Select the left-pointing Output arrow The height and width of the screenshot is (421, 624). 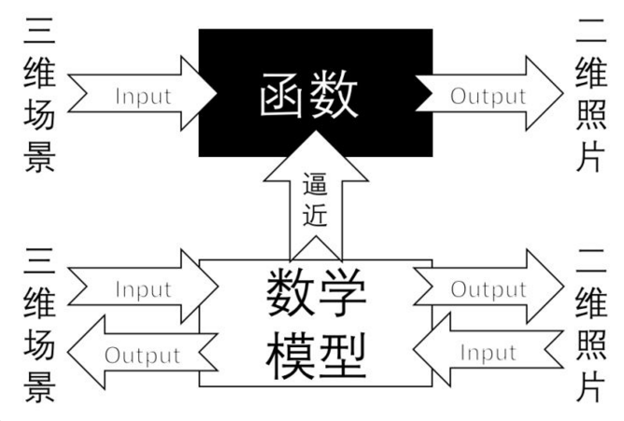point(140,355)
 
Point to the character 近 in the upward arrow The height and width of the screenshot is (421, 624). point(316,218)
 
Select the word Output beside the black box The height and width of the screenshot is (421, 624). point(488,95)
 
